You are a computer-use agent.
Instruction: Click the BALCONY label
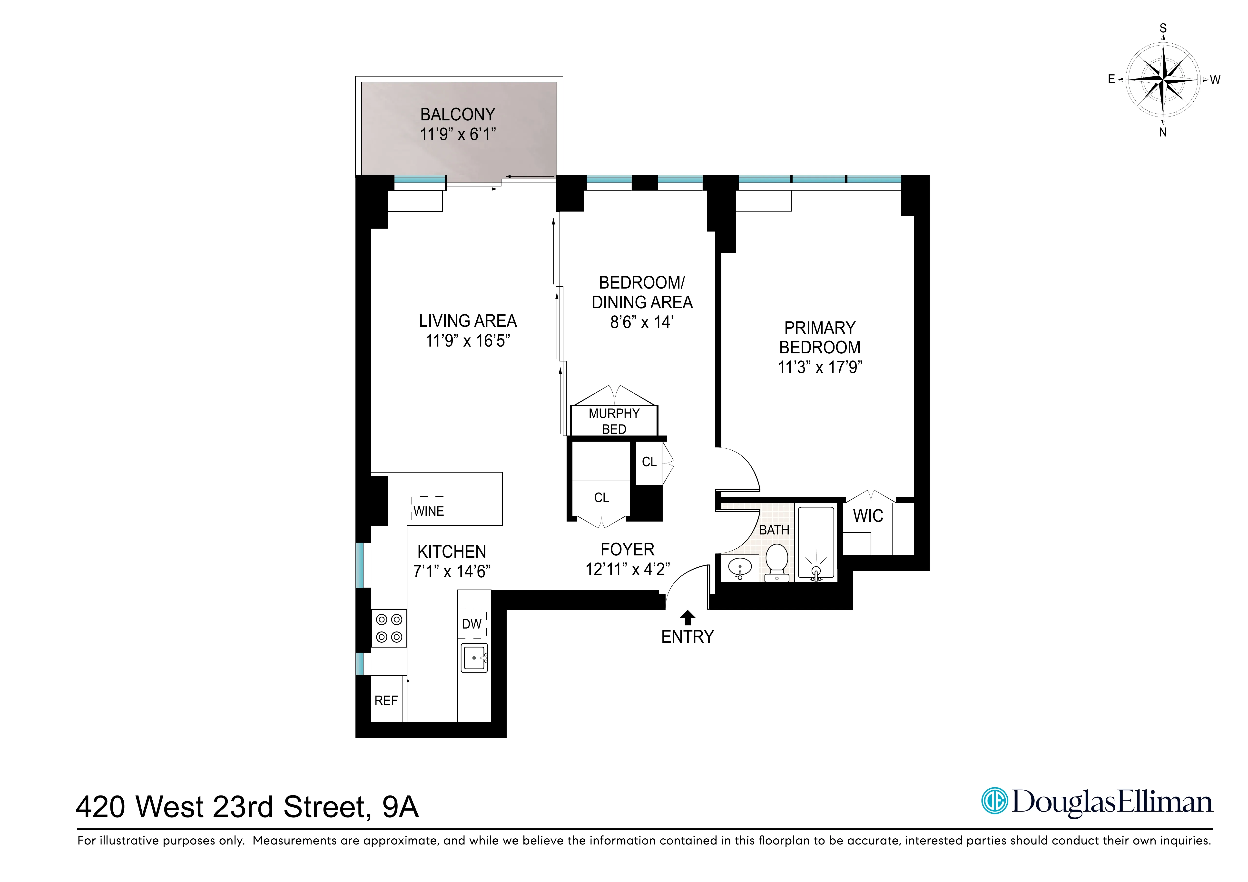coord(458,115)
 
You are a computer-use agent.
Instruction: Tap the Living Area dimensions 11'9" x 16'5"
coord(467,341)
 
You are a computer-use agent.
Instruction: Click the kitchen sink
coord(474,658)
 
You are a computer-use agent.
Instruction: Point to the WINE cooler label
coord(428,511)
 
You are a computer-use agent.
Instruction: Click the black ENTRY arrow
coord(688,617)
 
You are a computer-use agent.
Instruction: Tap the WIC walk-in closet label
coord(868,516)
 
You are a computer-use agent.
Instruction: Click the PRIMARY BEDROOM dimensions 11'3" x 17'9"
coord(820,367)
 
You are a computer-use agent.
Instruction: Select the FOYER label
coord(627,549)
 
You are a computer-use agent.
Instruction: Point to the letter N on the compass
coord(1163,132)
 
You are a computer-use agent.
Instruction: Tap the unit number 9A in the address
coord(401,807)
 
